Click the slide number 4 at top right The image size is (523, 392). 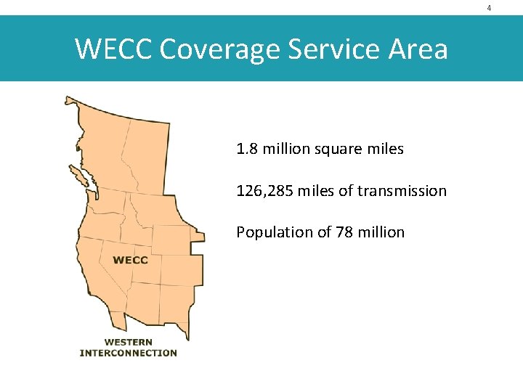489,8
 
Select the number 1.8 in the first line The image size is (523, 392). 247,150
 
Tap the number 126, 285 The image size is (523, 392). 263,191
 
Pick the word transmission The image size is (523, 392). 402,191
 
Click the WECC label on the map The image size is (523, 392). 130,260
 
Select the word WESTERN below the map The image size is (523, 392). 128,342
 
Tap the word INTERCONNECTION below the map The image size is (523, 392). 128,353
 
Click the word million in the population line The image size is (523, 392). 381,232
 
